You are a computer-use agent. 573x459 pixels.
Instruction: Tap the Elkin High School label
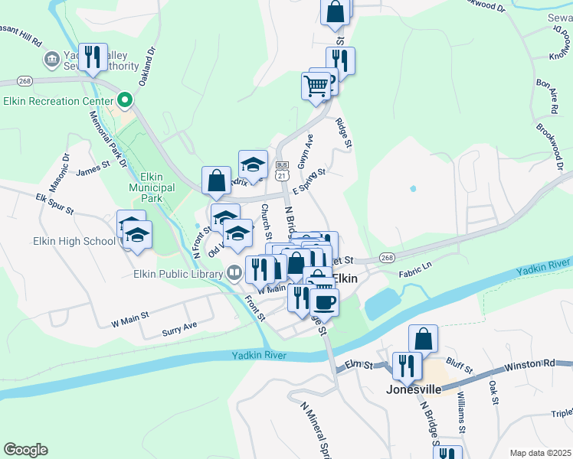(74, 241)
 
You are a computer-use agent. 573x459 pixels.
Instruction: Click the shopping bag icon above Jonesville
(423, 337)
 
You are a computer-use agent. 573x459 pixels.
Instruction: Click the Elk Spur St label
(54, 203)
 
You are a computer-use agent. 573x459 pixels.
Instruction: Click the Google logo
(25, 450)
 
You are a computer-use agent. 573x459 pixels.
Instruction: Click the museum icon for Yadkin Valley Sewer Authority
(51, 58)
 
